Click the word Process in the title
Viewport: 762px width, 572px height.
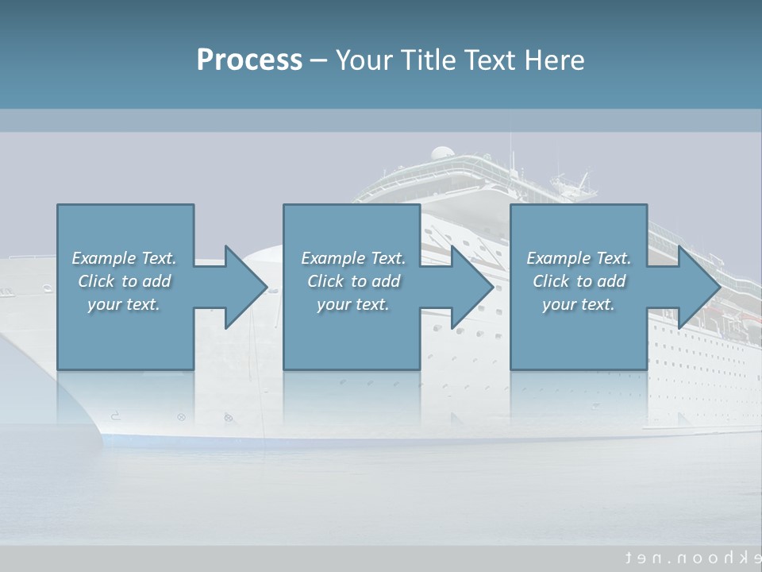(x=249, y=60)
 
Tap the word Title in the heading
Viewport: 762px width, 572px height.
(x=429, y=60)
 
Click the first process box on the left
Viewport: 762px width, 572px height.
(x=125, y=334)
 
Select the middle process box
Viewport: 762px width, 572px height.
(x=352, y=334)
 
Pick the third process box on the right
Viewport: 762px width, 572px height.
(x=579, y=334)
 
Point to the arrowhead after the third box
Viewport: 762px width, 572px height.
(x=698, y=287)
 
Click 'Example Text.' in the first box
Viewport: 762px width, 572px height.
(x=124, y=258)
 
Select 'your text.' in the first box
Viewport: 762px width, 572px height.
(x=124, y=304)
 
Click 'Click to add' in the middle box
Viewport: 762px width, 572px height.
(x=353, y=281)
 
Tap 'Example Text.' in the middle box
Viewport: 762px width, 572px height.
(x=353, y=258)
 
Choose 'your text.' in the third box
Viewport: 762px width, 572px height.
(x=579, y=304)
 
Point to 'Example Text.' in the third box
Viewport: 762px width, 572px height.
(x=579, y=258)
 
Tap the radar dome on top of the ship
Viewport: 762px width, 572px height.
(x=443, y=153)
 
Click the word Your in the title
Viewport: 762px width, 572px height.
(x=364, y=60)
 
